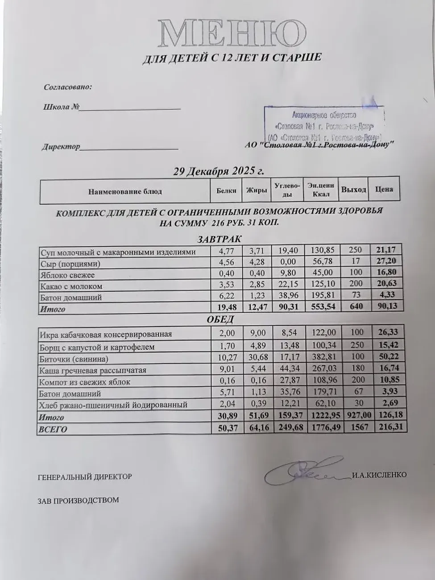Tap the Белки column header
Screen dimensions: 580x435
click(226, 191)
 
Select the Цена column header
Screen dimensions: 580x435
click(384, 189)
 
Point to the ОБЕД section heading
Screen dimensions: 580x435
click(220, 319)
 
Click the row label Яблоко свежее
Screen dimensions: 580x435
click(67, 275)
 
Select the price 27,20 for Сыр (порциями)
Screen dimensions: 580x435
click(386, 261)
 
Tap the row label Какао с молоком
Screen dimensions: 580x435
click(71, 286)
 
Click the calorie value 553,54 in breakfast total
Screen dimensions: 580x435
click(322, 307)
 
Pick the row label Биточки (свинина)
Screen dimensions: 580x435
click(74, 359)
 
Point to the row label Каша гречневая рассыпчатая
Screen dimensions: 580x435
click(93, 370)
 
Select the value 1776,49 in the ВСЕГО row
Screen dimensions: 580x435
click(322, 429)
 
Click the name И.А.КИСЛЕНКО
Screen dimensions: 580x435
click(379, 475)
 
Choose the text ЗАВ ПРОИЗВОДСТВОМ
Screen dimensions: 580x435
click(79, 500)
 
